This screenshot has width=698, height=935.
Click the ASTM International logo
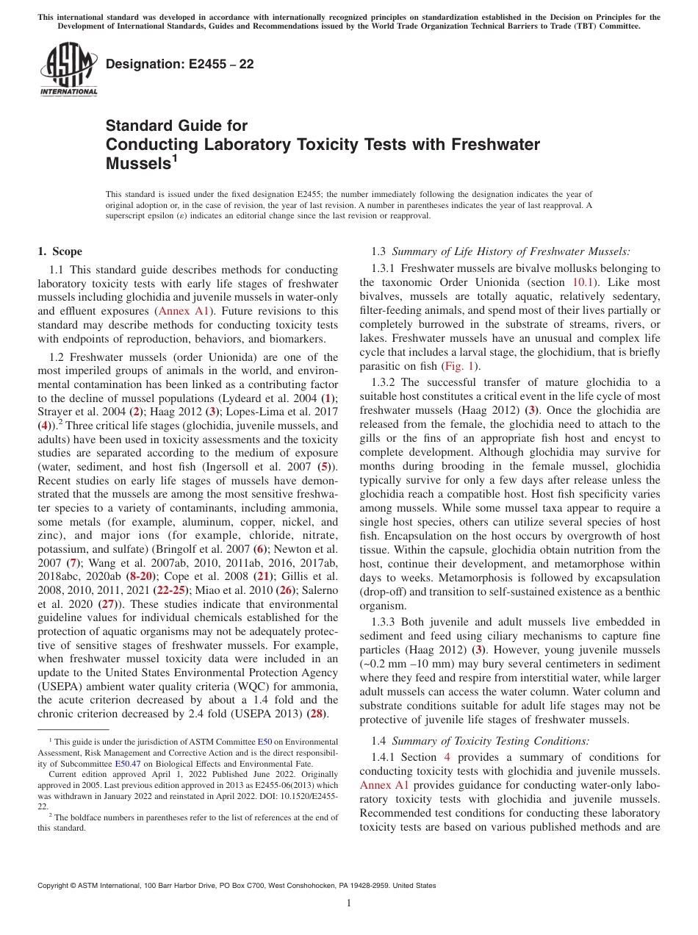coord(68,71)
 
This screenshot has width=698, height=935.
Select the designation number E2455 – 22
coord(180,65)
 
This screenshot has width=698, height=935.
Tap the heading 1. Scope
coord(60,251)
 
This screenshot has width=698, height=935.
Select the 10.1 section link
coord(579,282)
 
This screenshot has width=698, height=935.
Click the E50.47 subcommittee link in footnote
coord(127,764)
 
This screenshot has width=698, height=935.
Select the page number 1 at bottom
coord(349,903)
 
